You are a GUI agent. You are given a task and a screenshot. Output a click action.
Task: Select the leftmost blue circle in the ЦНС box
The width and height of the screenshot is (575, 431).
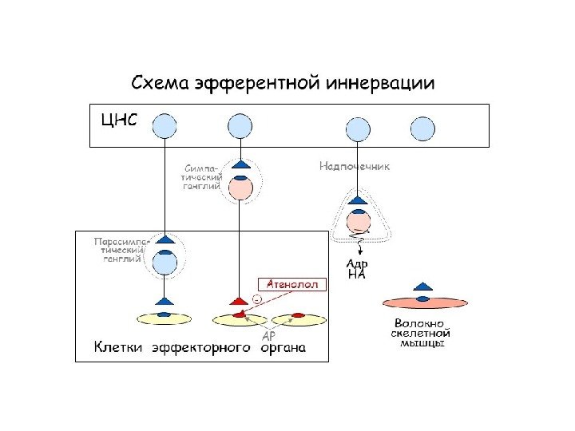coord(165,125)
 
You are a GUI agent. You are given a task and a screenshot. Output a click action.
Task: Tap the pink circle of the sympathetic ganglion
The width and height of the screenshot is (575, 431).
coord(240,188)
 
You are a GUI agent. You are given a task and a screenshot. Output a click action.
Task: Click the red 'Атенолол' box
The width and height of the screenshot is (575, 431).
coord(291,283)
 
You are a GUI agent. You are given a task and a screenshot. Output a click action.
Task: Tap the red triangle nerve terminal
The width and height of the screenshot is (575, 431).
coord(239,301)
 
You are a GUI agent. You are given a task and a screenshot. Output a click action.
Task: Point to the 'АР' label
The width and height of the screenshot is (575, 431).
coord(270,335)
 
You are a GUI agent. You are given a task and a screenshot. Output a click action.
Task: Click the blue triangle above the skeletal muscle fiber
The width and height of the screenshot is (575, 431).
coord(423,286)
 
